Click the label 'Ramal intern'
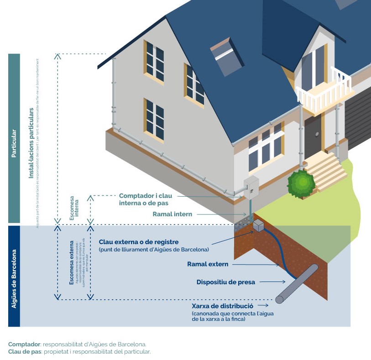pyautogui.click(x=172, y=214)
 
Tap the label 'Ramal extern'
pyautogui.click(x=208, y=264)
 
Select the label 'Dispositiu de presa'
pyautogui.click(x=225, y=282)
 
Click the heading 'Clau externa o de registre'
pyautogui.click(x=138, y=242)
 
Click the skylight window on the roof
pyautogui.click(x=225, y=57)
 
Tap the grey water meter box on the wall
pyautogui.click(x=251, y=187)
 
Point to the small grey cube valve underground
pyautogui.click(x=259, y=225)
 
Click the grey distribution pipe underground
pyautogui.click(x=297, y=283)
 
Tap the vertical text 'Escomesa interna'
pyautogui.click(x=74, y=209)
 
